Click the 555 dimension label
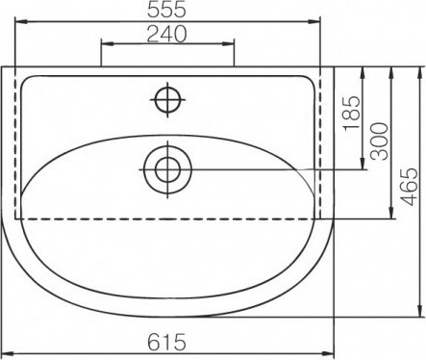166,9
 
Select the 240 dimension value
166,34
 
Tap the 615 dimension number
166,342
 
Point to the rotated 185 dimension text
352,114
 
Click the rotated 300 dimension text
379,141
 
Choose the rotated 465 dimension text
410,187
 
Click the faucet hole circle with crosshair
167,100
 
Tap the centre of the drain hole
167,169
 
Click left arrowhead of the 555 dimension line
20,21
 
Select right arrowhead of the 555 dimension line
315,21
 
